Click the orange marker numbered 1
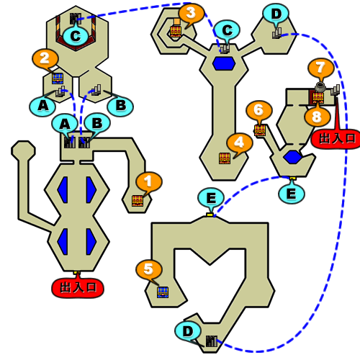tap(149, 181)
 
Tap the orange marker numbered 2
tap(45, 58)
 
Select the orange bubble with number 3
tap(192, 13)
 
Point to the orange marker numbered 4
tap(240, 143)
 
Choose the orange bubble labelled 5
tap(149, 269)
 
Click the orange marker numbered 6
tap(259, 110)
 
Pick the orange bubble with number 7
tap(321, 68)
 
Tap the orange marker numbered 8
tap(318, 117)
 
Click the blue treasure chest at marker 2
tap(58, 78)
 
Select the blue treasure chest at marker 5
tap(163, 292)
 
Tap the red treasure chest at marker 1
tap(138, 201)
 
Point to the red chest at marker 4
tap(225, 158)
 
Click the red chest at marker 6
tap(260, 130)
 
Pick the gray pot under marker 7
tap(320, 87)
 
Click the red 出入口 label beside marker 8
tap(336, 139)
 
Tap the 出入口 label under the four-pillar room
tap(78, 287)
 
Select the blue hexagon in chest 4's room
tap(224, 63)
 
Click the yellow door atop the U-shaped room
tap(210, 215)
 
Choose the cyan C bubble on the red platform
tap(76, 36)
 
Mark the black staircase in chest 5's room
tap(212, 341)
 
